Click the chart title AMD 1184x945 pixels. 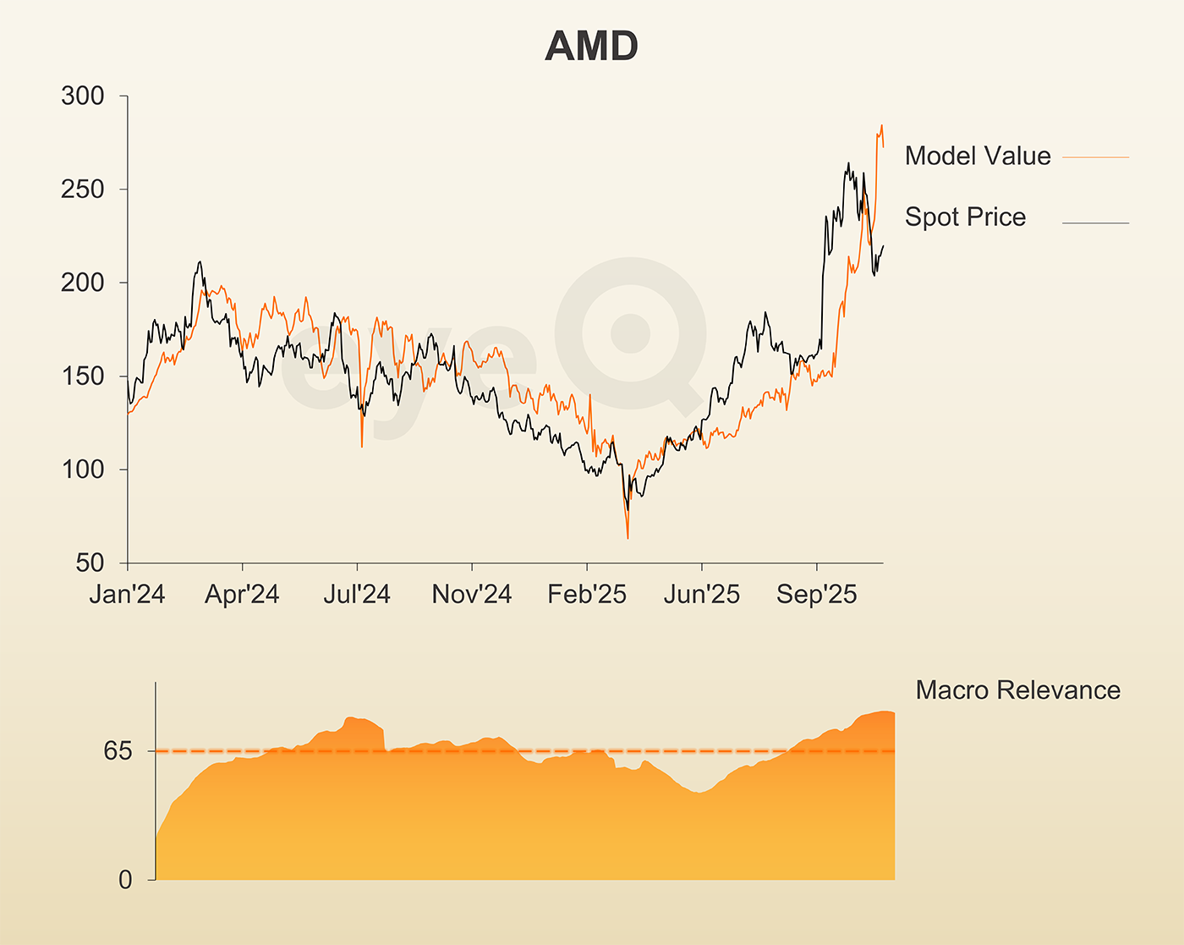click(591, 47)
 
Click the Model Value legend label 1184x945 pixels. click(978, 156)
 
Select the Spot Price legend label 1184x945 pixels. click(965, 217)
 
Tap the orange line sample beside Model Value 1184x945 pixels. click(1095, 157)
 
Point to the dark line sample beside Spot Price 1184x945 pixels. click(1095, 223)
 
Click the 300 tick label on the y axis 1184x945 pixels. click(82, 96)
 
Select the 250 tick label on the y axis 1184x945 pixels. click(82, 190)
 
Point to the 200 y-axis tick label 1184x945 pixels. click(82, 283)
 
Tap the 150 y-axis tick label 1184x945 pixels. click(82, 376)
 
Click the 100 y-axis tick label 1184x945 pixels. click(82, 470)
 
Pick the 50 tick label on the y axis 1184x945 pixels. click(90, 563)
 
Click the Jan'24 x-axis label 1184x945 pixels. click(127, 595)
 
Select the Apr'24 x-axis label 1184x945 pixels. click(242, 595)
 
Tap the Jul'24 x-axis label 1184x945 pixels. click(357, 595)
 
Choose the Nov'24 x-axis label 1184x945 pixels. click(472, 595)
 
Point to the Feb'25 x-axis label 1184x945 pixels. click(587, 595)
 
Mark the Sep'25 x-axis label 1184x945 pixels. click(817, 595)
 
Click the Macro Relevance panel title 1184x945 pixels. click(1017, 690)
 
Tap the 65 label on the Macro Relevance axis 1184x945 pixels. click(118, 750)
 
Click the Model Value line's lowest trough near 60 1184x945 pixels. click(628, 537)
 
